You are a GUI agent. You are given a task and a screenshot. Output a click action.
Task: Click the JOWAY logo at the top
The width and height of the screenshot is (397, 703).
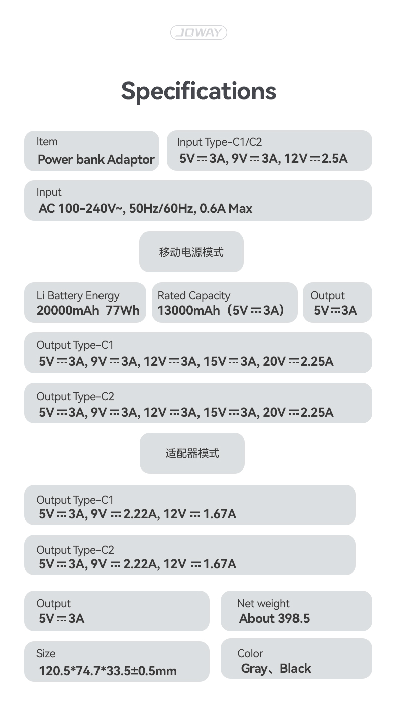coord(198,32)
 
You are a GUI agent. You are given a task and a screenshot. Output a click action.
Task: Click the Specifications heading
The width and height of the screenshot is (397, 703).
coord(198,91)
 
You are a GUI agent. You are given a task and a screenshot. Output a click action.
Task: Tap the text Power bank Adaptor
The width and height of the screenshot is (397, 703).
coord(96,160)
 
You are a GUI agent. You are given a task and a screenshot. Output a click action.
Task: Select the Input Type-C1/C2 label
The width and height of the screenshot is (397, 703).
coord(219,142)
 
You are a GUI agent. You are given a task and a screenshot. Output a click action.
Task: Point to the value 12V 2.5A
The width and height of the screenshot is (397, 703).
coord(316,158)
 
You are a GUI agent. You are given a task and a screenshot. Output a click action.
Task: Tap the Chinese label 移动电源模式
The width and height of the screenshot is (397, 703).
coord(191,252)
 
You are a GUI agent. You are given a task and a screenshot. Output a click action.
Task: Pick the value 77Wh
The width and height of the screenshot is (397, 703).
coord(123,310)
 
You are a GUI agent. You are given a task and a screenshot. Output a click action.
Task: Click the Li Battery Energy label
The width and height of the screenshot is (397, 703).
coord(78,296)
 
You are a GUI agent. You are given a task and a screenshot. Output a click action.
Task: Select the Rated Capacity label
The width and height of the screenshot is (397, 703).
coord(194,296)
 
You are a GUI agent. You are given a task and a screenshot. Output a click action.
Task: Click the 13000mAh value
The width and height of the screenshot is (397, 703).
coord(188,310)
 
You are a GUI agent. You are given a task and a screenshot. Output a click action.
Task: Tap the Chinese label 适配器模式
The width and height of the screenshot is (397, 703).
coord(192,453)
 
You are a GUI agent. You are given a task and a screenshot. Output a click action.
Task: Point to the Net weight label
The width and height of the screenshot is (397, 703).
coord(263,603)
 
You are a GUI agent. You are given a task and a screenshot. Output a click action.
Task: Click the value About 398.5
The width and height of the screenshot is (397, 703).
coord(274,618)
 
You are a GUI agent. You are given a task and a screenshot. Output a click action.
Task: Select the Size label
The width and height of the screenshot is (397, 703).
coord(46,653)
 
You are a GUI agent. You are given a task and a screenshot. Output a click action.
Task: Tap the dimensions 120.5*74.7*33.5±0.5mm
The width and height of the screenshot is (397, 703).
coord(108,671)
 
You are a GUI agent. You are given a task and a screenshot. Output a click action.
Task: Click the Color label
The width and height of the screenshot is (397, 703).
coord(250,653)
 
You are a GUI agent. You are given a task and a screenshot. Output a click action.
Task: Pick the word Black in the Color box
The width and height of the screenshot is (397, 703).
coord(295,668)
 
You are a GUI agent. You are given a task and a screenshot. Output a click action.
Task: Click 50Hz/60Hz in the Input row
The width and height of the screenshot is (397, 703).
coord(163,209)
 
